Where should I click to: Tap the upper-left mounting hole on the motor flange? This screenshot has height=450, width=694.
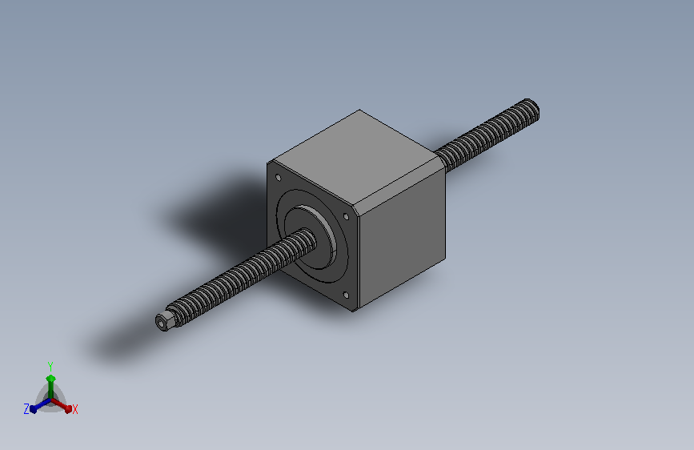point(279,178)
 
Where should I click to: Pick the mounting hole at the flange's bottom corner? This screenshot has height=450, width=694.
point(346,295)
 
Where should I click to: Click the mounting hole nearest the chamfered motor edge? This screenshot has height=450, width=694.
point(346,216)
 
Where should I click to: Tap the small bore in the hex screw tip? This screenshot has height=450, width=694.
point(160,323)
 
